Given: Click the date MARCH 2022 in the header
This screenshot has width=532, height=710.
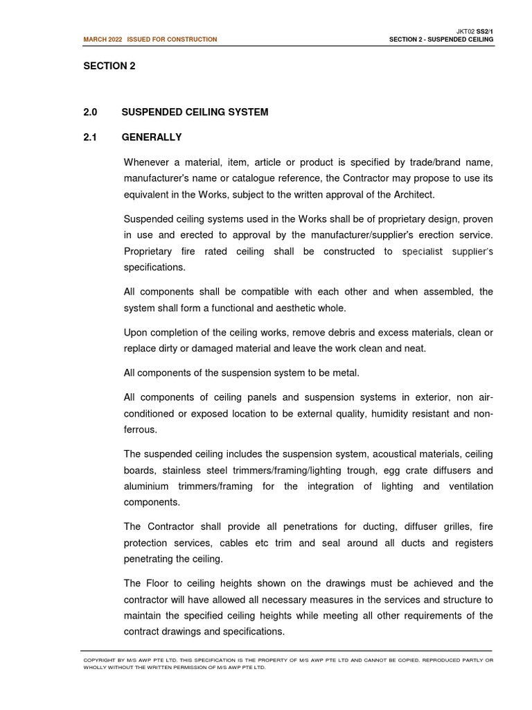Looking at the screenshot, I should (x=103, y=40).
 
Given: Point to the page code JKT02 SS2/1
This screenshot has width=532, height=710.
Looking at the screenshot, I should (x=475, y=31).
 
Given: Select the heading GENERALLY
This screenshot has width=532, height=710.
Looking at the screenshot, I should (x=152, y=137).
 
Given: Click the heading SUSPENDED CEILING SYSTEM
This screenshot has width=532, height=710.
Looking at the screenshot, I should (x=195, y=112).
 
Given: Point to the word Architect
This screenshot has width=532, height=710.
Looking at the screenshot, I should (x=415, y=194).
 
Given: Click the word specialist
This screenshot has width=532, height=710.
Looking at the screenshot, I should (x=425, y=252).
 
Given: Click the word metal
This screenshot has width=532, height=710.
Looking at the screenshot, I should (x=346, y=373).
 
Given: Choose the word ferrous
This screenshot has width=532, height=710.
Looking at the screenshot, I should (x=140, y=430).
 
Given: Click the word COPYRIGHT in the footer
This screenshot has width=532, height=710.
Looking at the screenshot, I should (x=101, y=660).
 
